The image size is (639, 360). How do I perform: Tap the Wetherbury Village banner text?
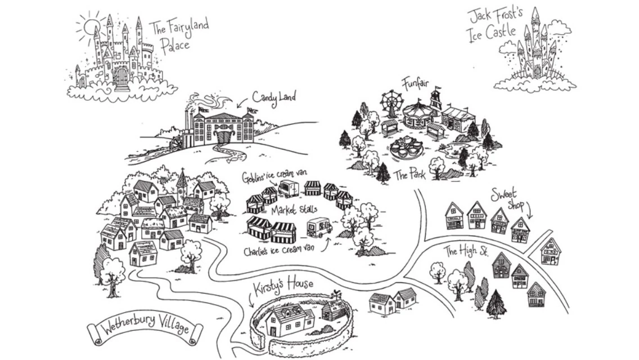pos(146,327)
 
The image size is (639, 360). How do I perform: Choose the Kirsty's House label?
pos(282,287)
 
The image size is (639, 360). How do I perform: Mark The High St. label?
pos(465,251)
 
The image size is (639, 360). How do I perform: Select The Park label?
pos(409,174)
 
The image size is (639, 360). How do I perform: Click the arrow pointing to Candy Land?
pos(241,104)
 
